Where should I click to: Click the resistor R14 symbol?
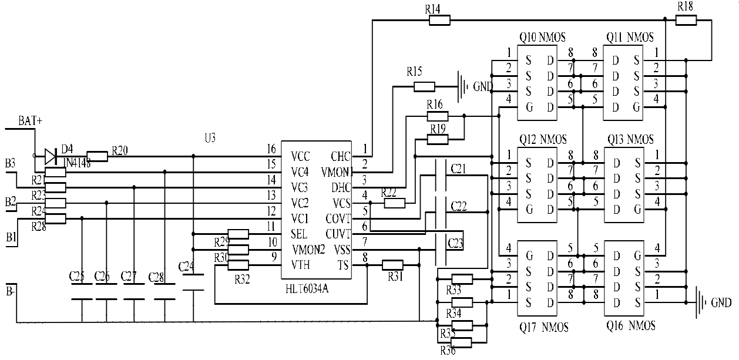click(440, 21)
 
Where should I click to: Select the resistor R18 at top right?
click(686, 21)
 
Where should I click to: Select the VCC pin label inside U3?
click(301, 157)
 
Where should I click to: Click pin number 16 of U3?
click(271, 149)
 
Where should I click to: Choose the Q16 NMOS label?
click(630, 326)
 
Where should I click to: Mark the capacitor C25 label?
click(77, 275)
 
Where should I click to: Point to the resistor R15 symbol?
click(424, 87)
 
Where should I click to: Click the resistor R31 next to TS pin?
click(392, 265)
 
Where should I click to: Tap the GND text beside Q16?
click(721, 303)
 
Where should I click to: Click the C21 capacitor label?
click(459, 169)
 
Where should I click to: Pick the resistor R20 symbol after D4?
click(98, 156)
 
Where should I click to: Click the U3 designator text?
click(210, 138)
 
